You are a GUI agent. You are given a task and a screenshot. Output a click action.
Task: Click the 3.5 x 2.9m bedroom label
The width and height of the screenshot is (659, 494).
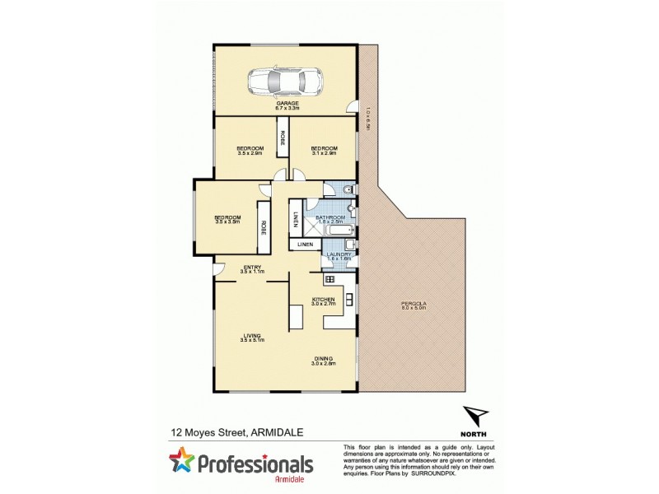click(249, 150)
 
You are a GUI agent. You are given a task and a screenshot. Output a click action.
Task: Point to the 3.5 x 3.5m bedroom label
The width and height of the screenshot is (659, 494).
click(227, 219)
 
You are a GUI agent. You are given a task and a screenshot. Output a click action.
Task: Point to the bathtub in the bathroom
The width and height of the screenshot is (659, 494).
click(339, 231)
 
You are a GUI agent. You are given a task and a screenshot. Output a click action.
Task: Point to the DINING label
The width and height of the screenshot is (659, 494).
click(323, 359)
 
